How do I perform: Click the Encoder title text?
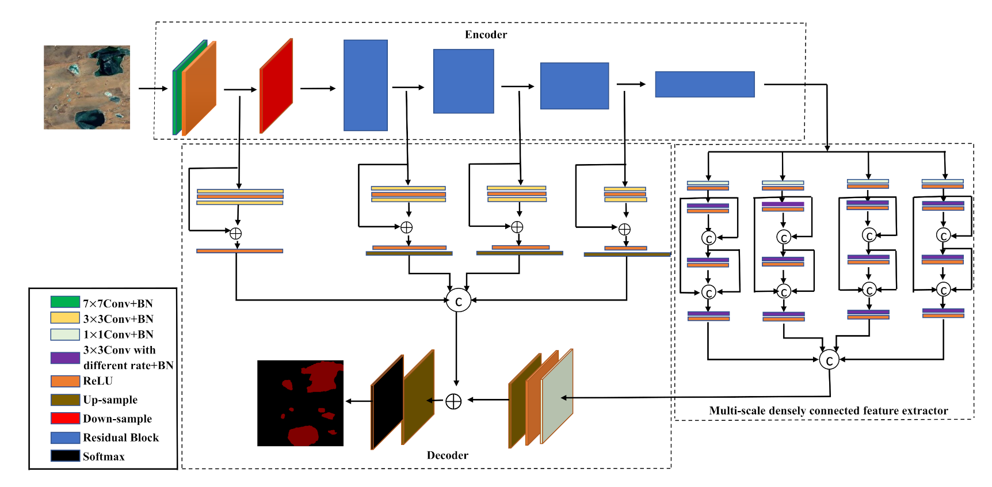(x=486, y=35)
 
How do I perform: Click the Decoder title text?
(x=447, y=455)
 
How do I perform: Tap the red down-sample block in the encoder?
(x=276, y=86)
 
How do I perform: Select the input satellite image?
(x=87, y=87)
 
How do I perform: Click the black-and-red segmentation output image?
(x=300, y=403)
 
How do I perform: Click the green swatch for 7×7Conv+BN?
(x=65, y=302)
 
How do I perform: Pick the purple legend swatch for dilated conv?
(x=65, y=358)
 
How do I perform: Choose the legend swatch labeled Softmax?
(x=65, y=456)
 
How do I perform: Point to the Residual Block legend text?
(x=121, y=437)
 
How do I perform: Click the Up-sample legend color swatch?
(x=65, y=400)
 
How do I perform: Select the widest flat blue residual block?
(x=704, y=84)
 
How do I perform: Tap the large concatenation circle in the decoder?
(x=458, y=300)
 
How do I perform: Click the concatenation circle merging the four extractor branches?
(x=829, y=360)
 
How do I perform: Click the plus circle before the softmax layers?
(x=453, y=401)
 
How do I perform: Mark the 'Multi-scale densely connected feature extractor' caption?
(x=828, y=410)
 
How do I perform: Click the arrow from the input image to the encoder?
(x=152, y=89)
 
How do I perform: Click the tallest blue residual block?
(x=365, y=85)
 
